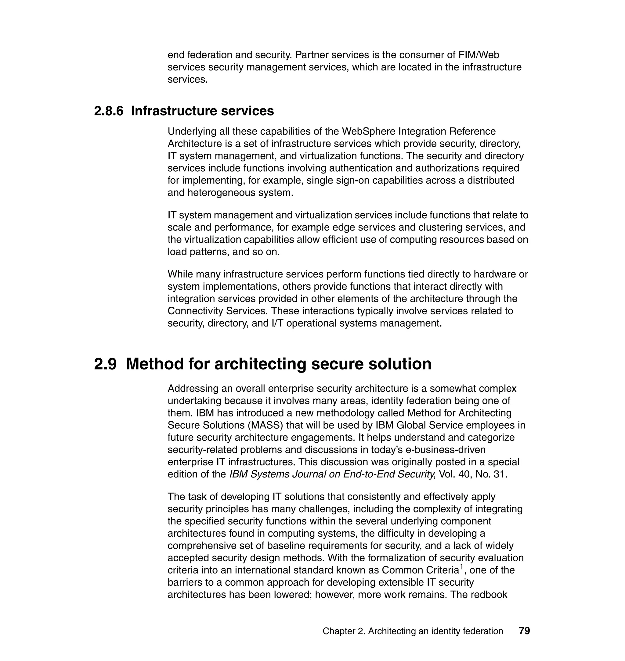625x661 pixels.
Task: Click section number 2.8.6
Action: (109, 111)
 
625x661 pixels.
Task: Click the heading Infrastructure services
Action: (202, 111)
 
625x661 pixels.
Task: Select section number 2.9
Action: (105, 363)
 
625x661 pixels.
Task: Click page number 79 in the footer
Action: (524, 631)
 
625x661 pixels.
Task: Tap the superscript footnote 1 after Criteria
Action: (462, 567)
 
